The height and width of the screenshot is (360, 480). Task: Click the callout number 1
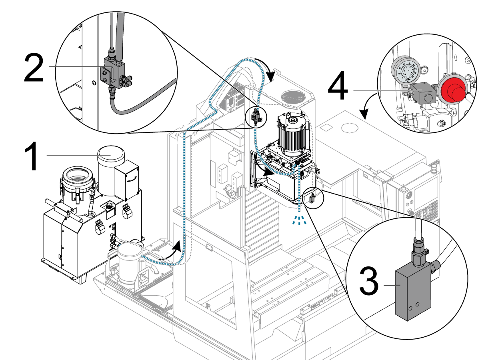point(33,156)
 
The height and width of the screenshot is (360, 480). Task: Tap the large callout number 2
point(34,68)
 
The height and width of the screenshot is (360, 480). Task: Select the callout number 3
point(369,281)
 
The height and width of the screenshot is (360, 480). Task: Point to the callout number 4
point(338,85)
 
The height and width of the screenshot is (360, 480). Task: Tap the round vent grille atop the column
point(293,96)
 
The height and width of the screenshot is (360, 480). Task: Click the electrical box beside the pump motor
point(127,181)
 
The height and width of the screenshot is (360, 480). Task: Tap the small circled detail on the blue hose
point(256,116)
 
